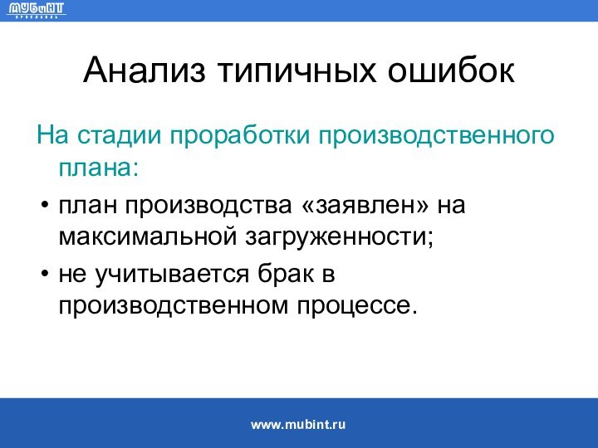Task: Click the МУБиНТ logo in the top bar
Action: [37, 11]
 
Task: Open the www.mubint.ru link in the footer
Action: [298, 424]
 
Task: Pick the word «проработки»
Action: [240, 134]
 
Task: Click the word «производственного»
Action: [435, 134]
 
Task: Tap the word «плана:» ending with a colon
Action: [98, 168]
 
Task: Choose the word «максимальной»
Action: [146, 237]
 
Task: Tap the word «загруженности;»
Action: [338, 237]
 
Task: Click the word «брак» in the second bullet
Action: [287, 272]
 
